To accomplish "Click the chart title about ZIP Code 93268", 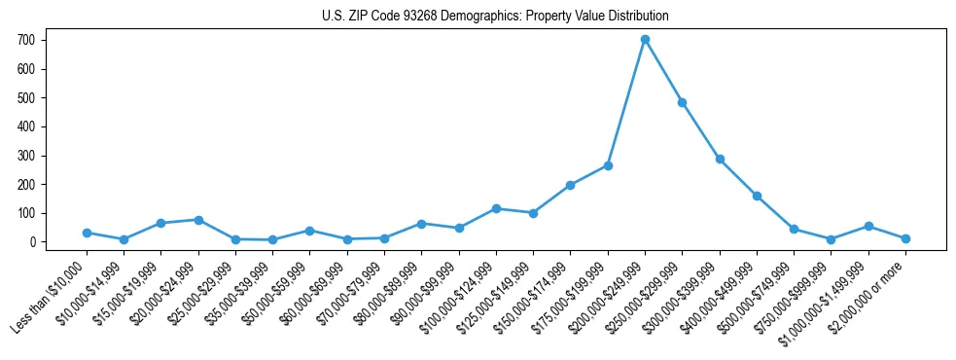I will [x=495, y=17].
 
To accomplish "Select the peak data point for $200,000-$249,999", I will [x=645, y=40].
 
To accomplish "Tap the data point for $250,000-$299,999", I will [x=683, y=102].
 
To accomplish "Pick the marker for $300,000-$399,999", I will [x=720, y=159].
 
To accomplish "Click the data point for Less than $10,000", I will [x=87, y=233].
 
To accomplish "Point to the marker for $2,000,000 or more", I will [x=905, y=238].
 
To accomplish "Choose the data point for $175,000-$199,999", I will [x=608, y=165].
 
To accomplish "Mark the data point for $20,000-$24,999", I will [x=198, y=220].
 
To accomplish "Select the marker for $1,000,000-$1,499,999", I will [x=868, y=226].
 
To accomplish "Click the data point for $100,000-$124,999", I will [x=496, y=208].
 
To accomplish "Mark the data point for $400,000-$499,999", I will [x=757, y=196].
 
